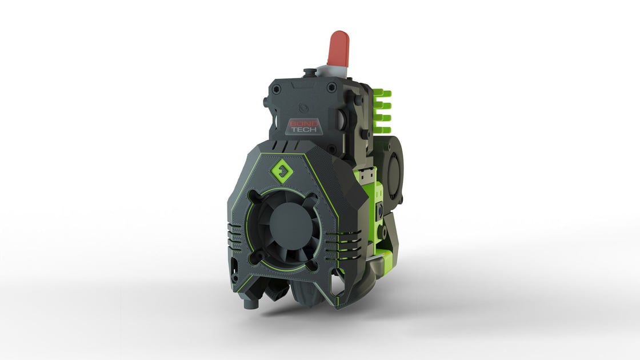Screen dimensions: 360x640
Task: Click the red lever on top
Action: coord(338,48)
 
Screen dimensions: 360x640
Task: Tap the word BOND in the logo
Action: coord(299,123)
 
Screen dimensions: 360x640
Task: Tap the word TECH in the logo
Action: coord(299,130)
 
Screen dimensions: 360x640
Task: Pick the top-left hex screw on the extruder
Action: coord(277,90)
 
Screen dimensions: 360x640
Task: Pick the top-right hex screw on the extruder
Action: coord(332,89)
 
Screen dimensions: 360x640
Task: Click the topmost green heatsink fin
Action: coord(382,93)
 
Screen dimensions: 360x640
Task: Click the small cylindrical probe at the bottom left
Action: coord(249,302)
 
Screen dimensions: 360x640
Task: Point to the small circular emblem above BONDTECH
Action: coord(305,106)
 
